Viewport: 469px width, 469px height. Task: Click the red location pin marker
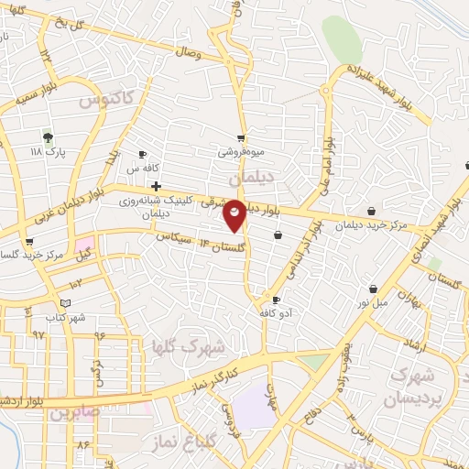point(234,215)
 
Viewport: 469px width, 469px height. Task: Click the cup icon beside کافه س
point(142,154)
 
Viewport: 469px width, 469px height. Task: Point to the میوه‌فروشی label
point(241,153)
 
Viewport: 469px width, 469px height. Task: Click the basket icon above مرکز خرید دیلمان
point(370,212)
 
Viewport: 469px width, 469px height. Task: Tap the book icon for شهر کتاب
point(64,303)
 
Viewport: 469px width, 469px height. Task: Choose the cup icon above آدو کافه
point(276,300)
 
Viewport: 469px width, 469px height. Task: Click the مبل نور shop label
point(373,302)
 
